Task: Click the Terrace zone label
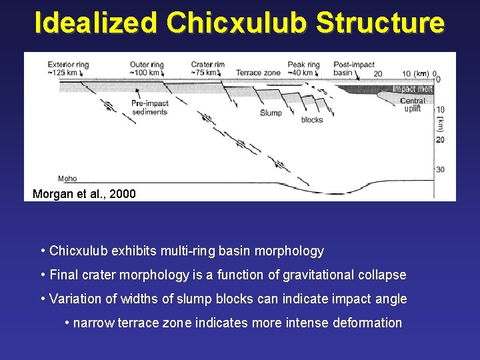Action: pyautogui.click(x=257, y=73)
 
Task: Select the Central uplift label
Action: pyautogui.click(x=413, y=105)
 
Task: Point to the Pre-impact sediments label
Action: pyautogui.click(x=149, y=108)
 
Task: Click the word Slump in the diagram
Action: pyautogui.click(x=271, y=113)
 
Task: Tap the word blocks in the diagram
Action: pyautogui.click(x=312, y=120)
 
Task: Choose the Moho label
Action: pyautogui.click(x=67, y=179)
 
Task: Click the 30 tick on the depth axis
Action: pyautogui.click(x=440, y=170)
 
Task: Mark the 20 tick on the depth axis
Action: pyautogui.click(x=440, y=139)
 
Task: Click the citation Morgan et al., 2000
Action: pyautogui.click(x=84, y=194)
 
